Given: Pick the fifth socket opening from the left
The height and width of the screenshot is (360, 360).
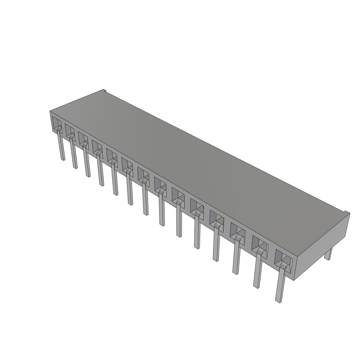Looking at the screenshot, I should point(111,155).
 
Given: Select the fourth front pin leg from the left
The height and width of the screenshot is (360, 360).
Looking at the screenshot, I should point(100,169).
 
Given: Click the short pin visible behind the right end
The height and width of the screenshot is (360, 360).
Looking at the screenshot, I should point(328,254).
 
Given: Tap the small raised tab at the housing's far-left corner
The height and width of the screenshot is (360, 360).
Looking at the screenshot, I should point(104,91).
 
